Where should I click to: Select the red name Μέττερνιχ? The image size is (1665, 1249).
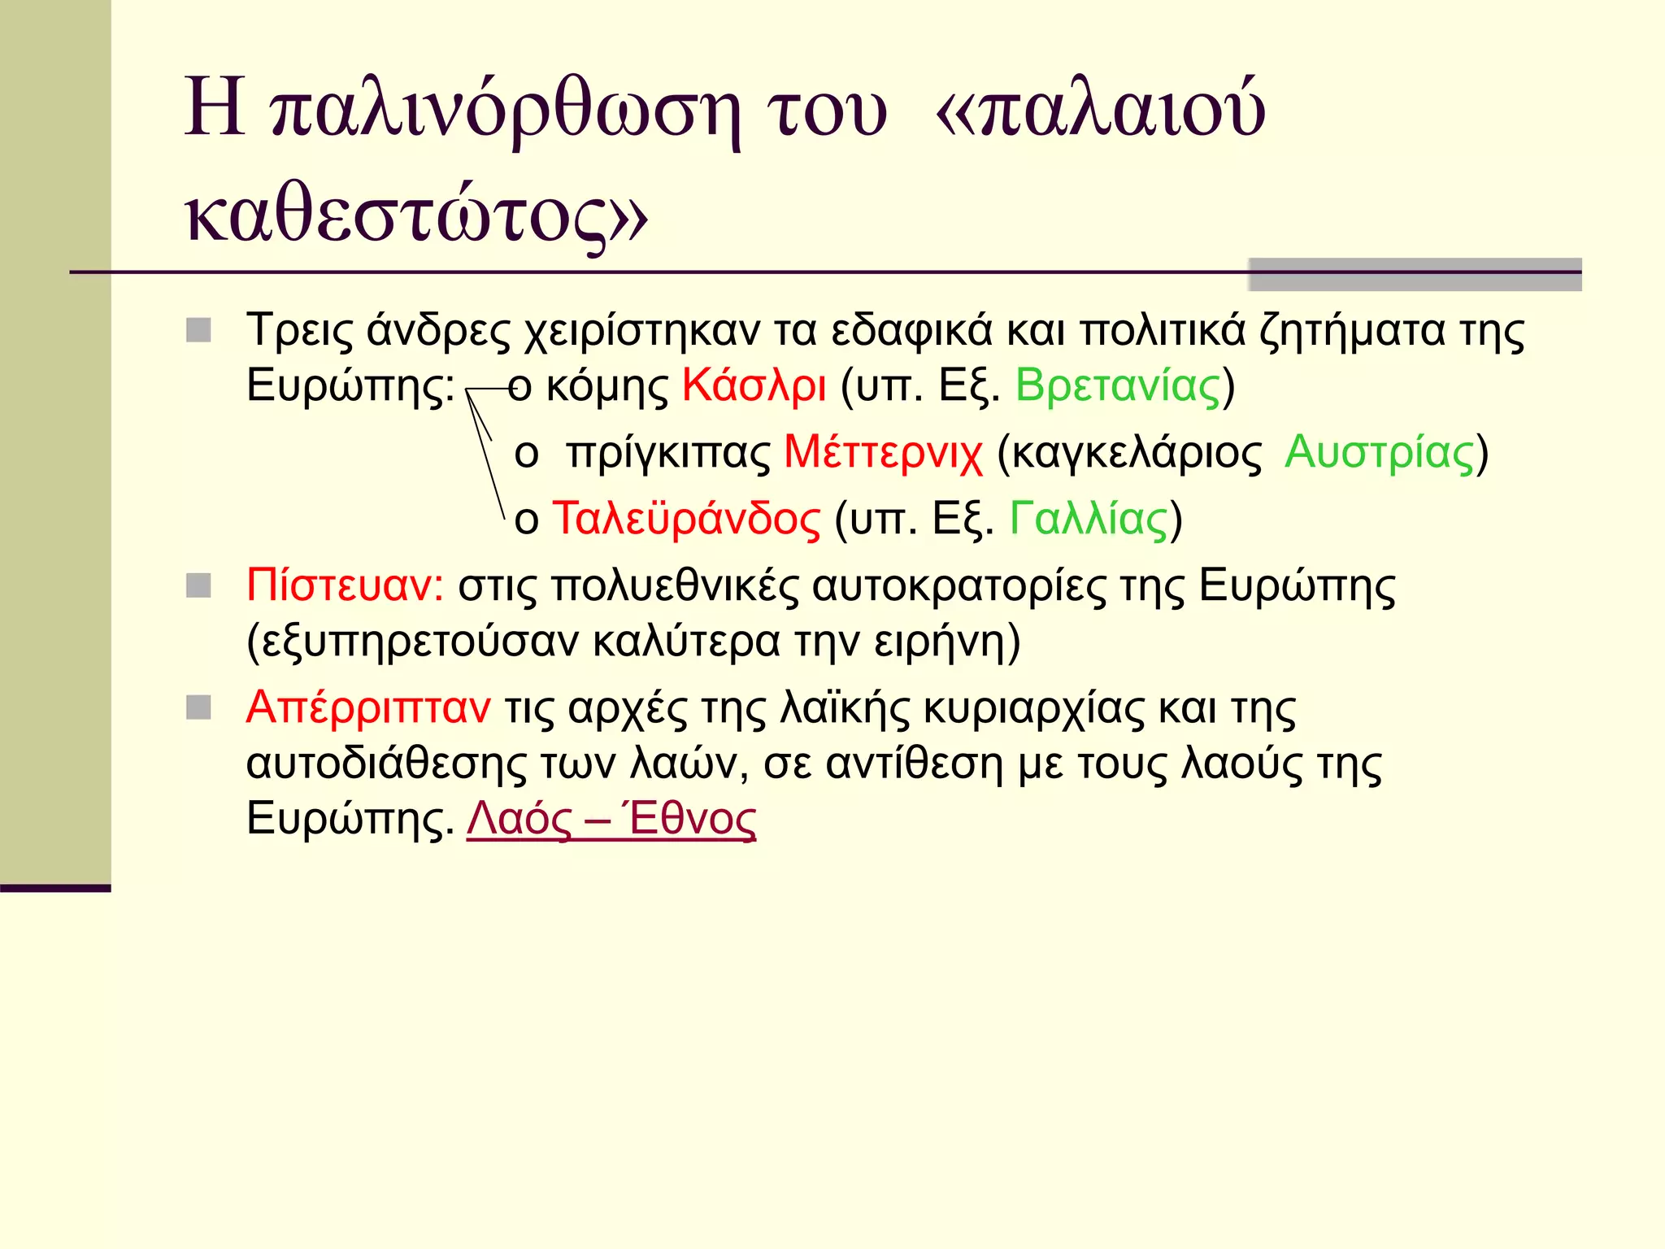pos(883,452)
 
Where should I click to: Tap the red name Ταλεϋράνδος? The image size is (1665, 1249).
pos(686,519)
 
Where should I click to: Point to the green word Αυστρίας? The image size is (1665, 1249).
pos(1379,452)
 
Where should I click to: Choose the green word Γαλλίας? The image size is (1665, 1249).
pos(1089,519)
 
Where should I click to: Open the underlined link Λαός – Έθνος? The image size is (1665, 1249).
pos(611,819)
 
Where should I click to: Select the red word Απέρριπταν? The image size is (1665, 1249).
pos(368,707)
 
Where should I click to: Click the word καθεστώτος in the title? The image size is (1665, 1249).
pos(398,218)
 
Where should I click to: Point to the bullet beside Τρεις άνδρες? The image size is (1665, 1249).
pos(198,330)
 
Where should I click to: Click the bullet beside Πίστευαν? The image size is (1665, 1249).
pos(198,585)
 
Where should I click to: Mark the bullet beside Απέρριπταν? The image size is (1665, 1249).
pos(198,707)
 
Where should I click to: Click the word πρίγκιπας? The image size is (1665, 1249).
pos(668,454)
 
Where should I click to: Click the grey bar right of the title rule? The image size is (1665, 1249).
pos(1415,275)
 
